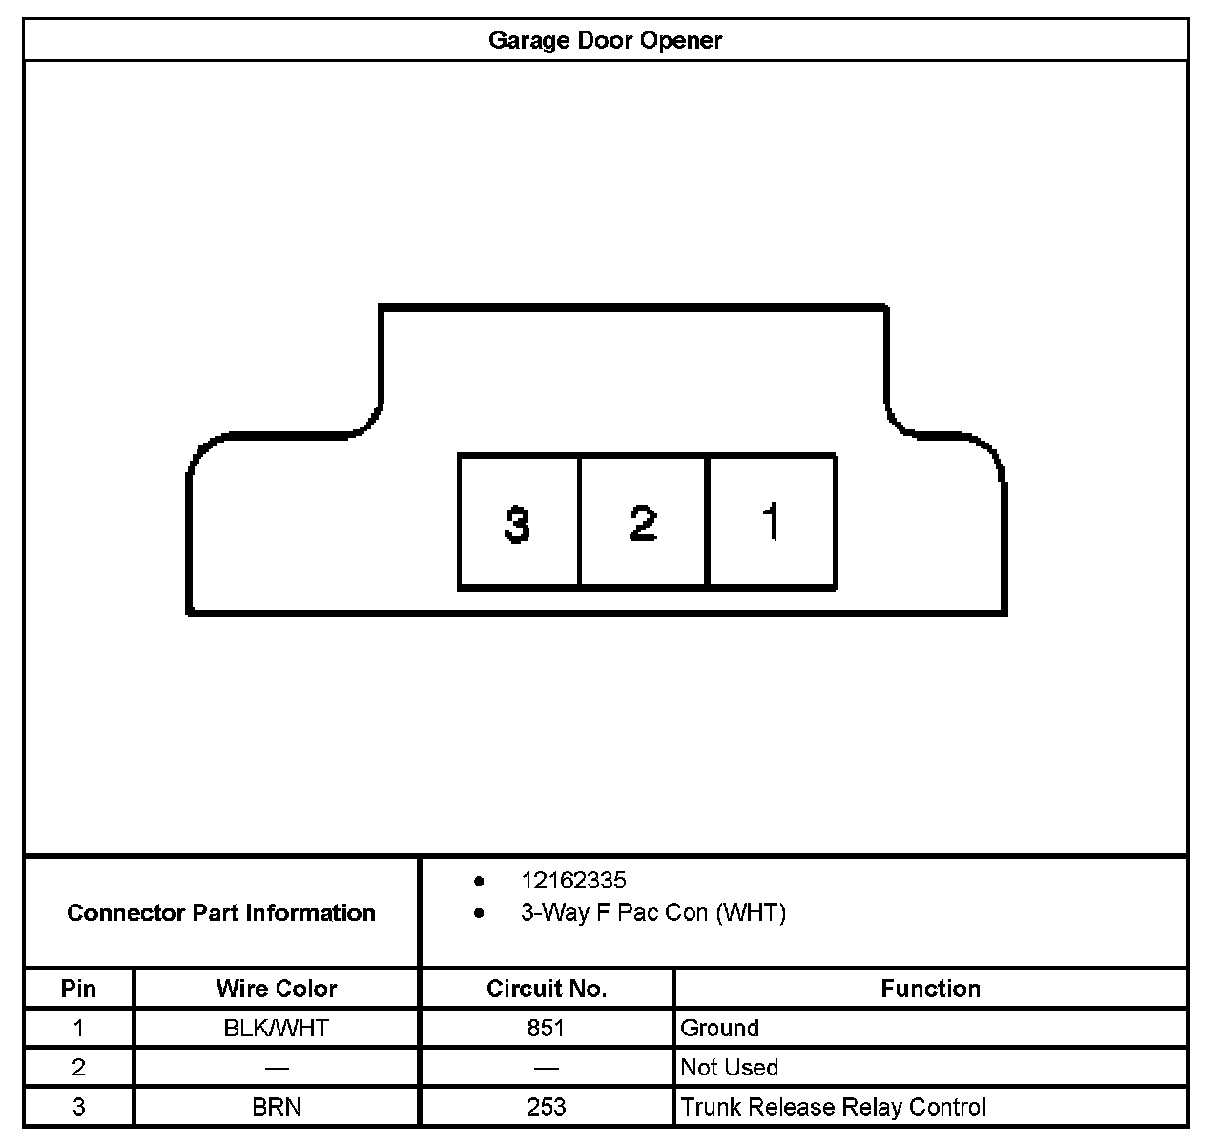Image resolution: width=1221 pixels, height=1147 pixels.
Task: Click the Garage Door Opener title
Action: click(605, 40)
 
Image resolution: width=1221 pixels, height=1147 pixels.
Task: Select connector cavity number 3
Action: click(518, 522)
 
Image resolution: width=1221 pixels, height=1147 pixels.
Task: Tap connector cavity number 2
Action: click(643, 522)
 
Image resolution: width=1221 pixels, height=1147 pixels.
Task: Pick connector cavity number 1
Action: click(772, 522)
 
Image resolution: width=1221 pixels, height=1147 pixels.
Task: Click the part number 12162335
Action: click(572, 880)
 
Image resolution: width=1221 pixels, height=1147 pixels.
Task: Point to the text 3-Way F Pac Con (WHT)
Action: click(652, 912)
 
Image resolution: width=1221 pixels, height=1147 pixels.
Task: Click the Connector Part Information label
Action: click(221, 912)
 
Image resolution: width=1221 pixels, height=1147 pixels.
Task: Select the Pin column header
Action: click(78, 988)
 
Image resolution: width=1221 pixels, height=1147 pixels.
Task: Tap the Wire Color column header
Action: click(277, 988)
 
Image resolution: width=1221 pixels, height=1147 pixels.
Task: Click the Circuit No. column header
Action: click(546, 988)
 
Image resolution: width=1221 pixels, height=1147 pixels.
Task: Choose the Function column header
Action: click(930, 988)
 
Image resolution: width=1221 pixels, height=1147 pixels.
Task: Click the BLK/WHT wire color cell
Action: click(277, 1028)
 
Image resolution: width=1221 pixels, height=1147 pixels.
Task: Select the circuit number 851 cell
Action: click(546, 1028)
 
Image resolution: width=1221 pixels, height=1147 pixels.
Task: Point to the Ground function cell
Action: click(720, 1028)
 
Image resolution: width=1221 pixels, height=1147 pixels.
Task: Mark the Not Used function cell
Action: click(730, 1067)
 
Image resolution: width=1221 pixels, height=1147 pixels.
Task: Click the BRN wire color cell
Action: click(277, 1107)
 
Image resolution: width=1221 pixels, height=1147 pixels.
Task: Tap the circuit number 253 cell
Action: click(546, 1107)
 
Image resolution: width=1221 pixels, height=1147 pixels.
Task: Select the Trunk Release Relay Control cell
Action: click(833, 1107)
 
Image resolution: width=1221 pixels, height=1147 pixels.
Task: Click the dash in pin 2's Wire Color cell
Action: click(277, 1068)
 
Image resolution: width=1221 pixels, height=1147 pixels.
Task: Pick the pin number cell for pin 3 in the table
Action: click(78, 1107)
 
